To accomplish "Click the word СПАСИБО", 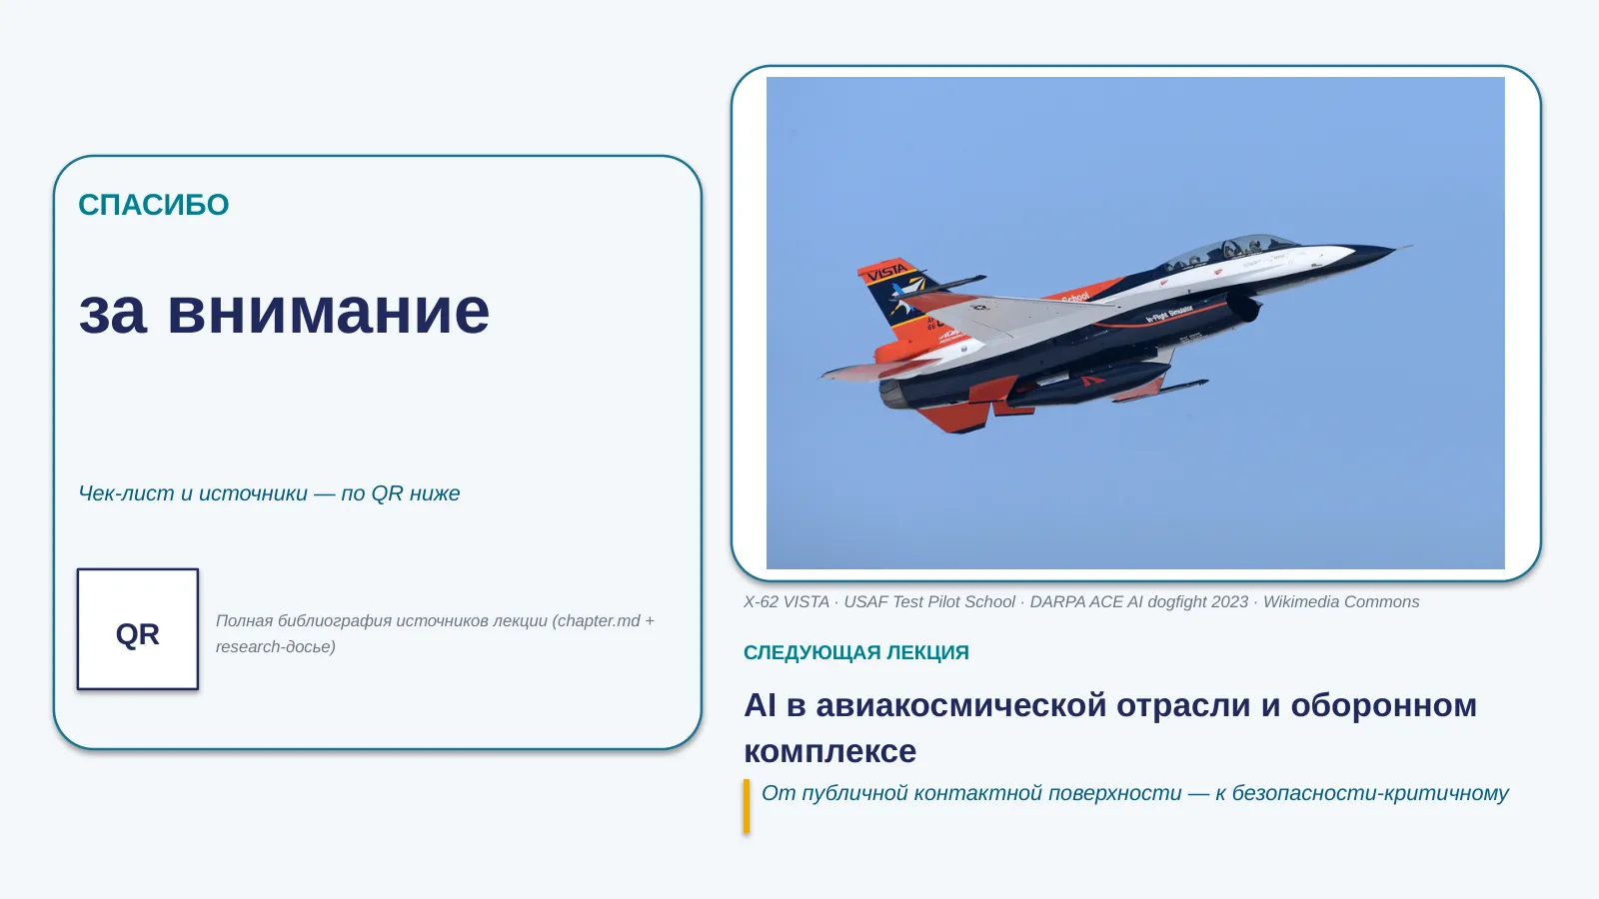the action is click(154, 205).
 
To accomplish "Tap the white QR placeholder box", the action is click(138, 629).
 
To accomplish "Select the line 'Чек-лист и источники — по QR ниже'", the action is click(269, 493).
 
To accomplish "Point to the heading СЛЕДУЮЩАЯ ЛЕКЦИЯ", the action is click(855, 652).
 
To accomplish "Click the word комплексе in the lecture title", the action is click(829, 751).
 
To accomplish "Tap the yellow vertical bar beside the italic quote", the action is click(747, 806).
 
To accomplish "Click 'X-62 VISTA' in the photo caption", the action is click(786, 601).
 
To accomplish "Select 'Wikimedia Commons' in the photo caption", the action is click(1341, 601).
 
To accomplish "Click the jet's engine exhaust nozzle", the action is click(893, 395).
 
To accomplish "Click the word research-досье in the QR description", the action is click(275, 646).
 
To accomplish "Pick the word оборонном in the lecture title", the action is click(1383, 705).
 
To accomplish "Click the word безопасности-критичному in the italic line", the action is click(1370, 793).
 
